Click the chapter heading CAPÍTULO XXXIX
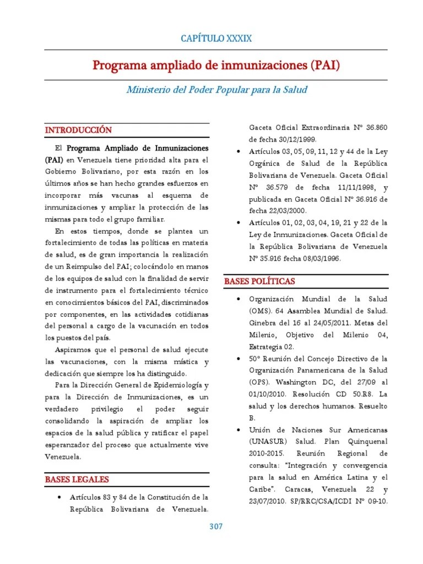coord(216,38)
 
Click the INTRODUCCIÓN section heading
coord(78,130)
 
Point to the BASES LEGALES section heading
coord(77,480)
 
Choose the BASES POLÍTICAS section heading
coord(259,281)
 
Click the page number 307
coord(216,527)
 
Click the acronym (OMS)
coord(262,311)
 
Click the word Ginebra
coord(264,323)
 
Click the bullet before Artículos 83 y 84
coord(58,498)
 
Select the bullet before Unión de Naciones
coord(237,430)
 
